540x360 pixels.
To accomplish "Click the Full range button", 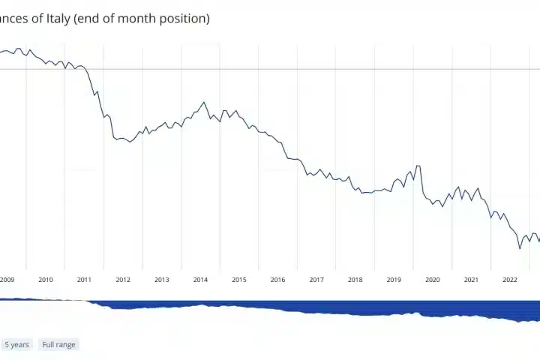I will click(59, 344).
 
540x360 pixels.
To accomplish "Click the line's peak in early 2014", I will click(203, 102).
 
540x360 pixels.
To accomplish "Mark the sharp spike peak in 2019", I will click(416, 166).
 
